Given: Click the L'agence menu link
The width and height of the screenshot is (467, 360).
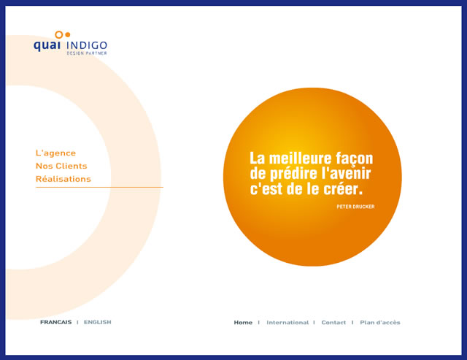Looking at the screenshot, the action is pos(55,153).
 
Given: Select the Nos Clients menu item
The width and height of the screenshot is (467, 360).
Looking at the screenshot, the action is pos(61,166).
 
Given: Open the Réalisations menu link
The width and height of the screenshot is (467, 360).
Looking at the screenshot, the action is pos(63,179).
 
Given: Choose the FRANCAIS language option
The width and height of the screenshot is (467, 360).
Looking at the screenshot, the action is pos(56,322).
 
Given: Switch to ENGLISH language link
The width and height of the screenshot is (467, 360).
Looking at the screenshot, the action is pos(97,322).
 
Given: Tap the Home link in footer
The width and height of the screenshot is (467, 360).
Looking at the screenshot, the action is pos(243,323).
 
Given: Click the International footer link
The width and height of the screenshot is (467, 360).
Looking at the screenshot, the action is pos(287,323).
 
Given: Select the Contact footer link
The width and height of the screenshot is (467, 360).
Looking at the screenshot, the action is pos(333,323).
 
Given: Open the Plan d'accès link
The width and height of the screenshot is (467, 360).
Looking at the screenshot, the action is pos(380,323).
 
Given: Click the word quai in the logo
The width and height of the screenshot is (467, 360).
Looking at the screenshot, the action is pos(47,45).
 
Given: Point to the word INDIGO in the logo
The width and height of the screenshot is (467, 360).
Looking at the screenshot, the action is pos(87,45).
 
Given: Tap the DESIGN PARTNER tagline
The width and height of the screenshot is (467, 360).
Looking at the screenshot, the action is pos(87,53).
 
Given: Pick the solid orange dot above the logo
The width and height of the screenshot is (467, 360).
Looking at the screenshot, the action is pos(68,34).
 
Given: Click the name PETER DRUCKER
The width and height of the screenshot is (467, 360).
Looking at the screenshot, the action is pos(355,207).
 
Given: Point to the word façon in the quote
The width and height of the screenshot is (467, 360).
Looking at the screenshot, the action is pos(354,158).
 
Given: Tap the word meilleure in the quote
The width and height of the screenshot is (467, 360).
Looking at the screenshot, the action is pos(300,158).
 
